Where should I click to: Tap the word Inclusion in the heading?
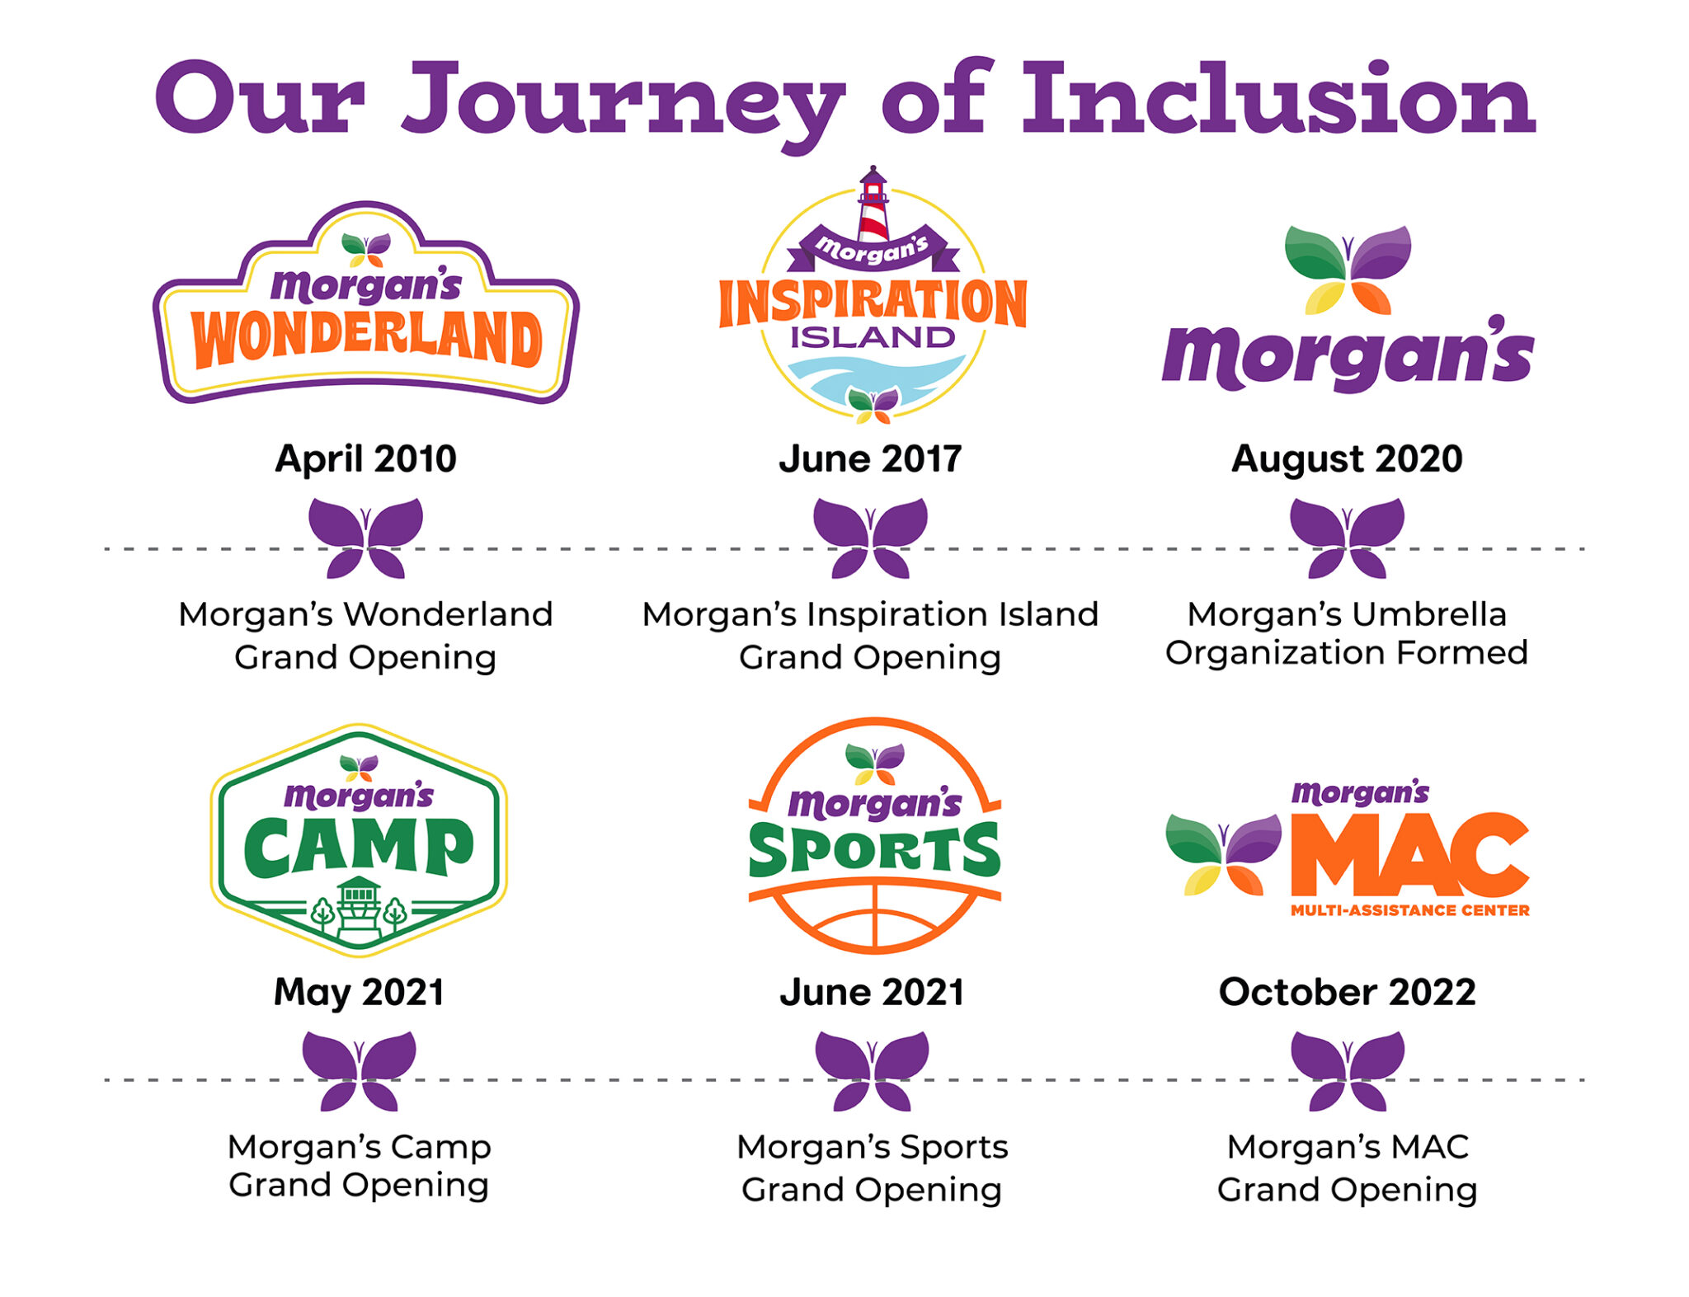pos(1277,99)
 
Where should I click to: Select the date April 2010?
pos(365,458)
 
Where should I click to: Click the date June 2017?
pos(870,458)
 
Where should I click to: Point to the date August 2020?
pos(1347,458)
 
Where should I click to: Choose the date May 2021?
pos(359,992)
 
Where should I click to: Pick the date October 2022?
pos(1347,992)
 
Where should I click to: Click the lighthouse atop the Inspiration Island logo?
pos(873,204)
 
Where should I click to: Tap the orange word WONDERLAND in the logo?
pos(366,338)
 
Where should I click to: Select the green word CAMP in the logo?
pos(359,848)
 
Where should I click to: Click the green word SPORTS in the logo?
pos(874,851)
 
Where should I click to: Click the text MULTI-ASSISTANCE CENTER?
pos(1409,910)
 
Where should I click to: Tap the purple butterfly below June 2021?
pos(872,1070)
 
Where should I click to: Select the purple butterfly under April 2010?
pos(365,538)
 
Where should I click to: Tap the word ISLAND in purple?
pos(873,337)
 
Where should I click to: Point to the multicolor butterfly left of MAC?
pos(1223,854)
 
